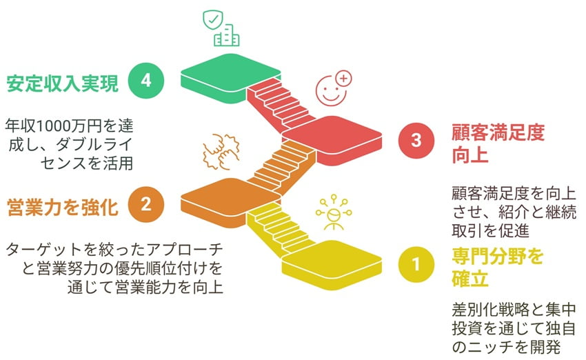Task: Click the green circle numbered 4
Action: click(146, 82)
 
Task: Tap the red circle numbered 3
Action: click(416, 141)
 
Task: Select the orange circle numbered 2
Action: click(146, 205)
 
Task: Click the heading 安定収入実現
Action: click(62, 83)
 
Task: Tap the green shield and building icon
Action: click(220, 29)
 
